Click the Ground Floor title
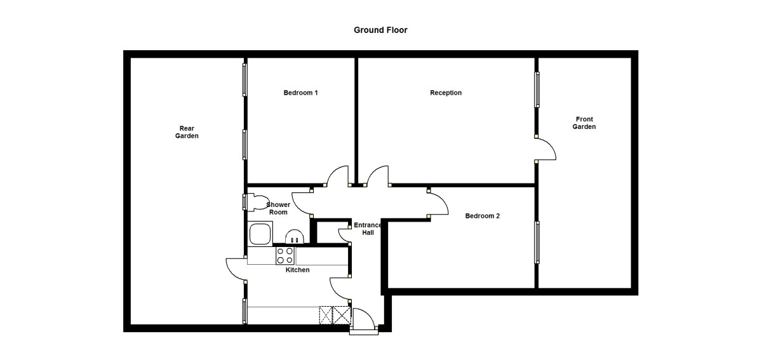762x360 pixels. (380, 30)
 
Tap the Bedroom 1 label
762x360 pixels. (300, 93)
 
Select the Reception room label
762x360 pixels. (446, 93)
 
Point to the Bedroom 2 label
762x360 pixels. (482, 216)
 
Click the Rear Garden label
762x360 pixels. (187, 132)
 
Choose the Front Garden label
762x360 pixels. (584, 123)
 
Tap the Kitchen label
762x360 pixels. (297, 270)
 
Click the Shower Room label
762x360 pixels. (278, 208)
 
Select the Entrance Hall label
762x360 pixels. (368, 229)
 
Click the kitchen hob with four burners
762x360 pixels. (284, 255)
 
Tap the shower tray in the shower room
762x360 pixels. (260, 234)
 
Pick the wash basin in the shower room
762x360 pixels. (294, 237)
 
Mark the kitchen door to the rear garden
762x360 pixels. (237, 269)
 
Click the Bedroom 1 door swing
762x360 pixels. (337, 176)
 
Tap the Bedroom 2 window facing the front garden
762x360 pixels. (537, 243)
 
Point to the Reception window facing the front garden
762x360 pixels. (537, 90)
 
